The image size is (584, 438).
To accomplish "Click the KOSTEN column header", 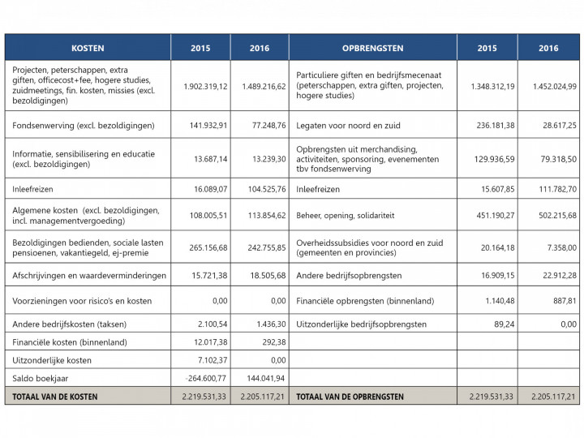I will (88, 48).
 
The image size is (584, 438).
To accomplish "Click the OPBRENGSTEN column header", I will (372, 48).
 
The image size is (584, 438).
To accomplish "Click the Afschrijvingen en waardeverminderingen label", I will (89, 276).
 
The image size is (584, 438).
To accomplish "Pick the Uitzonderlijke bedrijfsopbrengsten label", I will (362, 324).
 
